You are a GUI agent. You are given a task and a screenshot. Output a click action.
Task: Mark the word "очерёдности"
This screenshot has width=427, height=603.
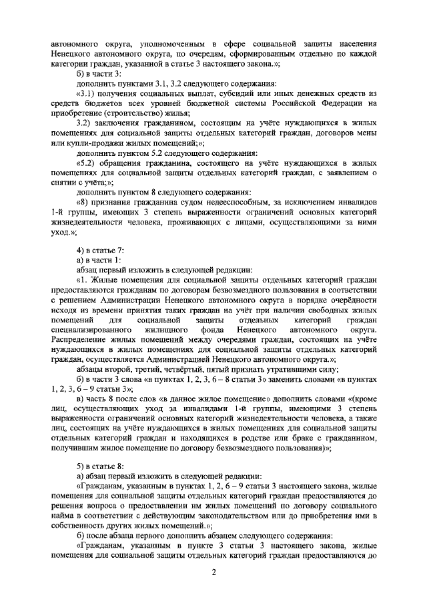tap(354, 300)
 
